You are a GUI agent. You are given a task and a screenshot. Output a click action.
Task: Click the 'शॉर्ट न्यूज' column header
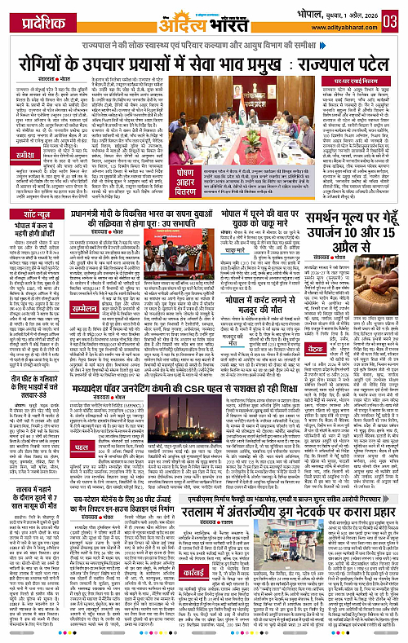[32, 214]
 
